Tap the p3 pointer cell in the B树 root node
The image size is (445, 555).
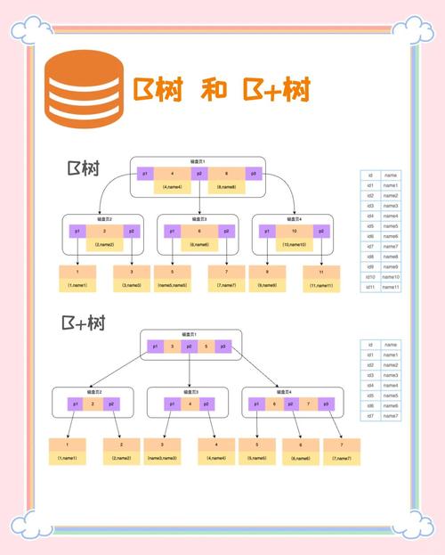[x=253, y=174]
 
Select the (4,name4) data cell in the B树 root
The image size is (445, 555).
[x=172, y=187]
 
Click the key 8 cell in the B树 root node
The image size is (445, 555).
[x=226, y=174]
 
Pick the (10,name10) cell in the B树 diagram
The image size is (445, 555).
[x=294, y=244]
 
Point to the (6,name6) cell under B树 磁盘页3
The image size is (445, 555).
[x=198, y=244]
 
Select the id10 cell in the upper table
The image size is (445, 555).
[x=370, y=277]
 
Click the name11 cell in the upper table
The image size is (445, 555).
[x=391, y=287]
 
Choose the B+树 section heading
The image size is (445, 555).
[x=85, y=323]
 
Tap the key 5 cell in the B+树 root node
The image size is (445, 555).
[x=206, y=347]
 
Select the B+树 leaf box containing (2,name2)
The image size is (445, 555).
[x=123, y=452]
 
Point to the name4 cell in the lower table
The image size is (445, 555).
[x=391, y=385]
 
